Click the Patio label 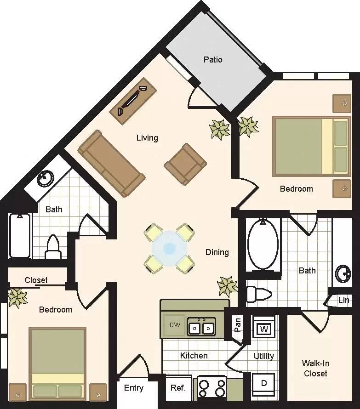pos(213,60)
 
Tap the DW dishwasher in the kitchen pos(175,325)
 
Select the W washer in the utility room pos(263,329)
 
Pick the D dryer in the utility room pos(263,383)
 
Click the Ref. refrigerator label pos(178,388)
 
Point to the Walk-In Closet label pos(315,368)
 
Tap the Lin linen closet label pos(343,300)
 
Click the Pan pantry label pos(238,325)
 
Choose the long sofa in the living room pos(111,163)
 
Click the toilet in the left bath pos(53,248)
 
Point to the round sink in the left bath pos(45,178)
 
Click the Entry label pos(134,388)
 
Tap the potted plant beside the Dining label pos(227,286)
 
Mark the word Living pos(147,137)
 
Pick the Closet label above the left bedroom pos(36,280)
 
